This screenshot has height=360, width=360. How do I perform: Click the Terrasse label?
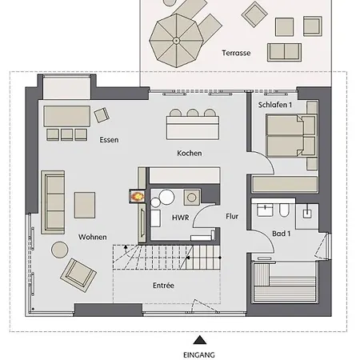[x=236, y=53]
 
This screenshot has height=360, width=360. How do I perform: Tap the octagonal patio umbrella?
[x=176, y=41]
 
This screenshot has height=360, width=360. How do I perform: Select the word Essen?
[x=109, y=140]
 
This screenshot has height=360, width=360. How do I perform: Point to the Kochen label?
[x=190, y=153]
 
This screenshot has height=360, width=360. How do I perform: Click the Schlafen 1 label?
[x=275, y=105]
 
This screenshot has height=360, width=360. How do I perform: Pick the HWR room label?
[x=181, y=218]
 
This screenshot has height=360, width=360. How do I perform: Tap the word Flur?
[x=232, y=216]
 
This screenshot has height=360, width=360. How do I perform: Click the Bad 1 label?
[x=282, y=234]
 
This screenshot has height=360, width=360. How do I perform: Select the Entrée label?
[x=163, y=286]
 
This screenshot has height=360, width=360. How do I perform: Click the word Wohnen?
[x=93, y=237]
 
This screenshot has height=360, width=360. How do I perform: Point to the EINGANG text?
[x=199, y=355]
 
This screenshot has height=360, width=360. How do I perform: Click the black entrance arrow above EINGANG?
[x=200, y=340]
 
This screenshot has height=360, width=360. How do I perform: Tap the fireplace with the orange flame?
[x=138, y=196]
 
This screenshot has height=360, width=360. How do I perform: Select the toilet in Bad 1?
[x=284, y=210]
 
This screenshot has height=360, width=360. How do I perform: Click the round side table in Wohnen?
[x=60, y=250]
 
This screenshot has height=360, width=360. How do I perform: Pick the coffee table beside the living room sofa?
[x=85, y=205]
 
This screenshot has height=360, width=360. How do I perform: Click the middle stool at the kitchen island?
[x=193, y=113]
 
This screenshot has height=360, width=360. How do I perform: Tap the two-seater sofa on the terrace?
[x=285, y=52]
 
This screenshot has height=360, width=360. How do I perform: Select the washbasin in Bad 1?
[x=265, y=210]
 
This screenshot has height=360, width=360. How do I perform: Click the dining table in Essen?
[x=67, y=116]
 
